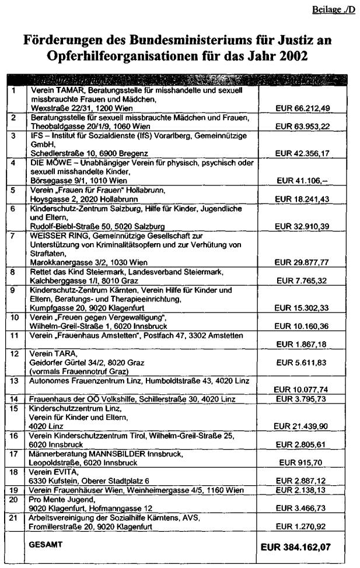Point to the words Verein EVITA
(x=51, y=471)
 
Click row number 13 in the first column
(x=14, y=380)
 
